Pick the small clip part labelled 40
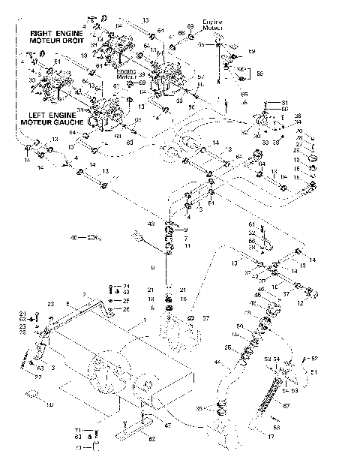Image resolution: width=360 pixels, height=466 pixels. point(93,239)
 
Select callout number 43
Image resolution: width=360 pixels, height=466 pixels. point(151,224)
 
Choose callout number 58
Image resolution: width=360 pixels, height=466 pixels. point(50,404)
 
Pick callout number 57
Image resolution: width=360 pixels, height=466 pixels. point(205,318)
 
